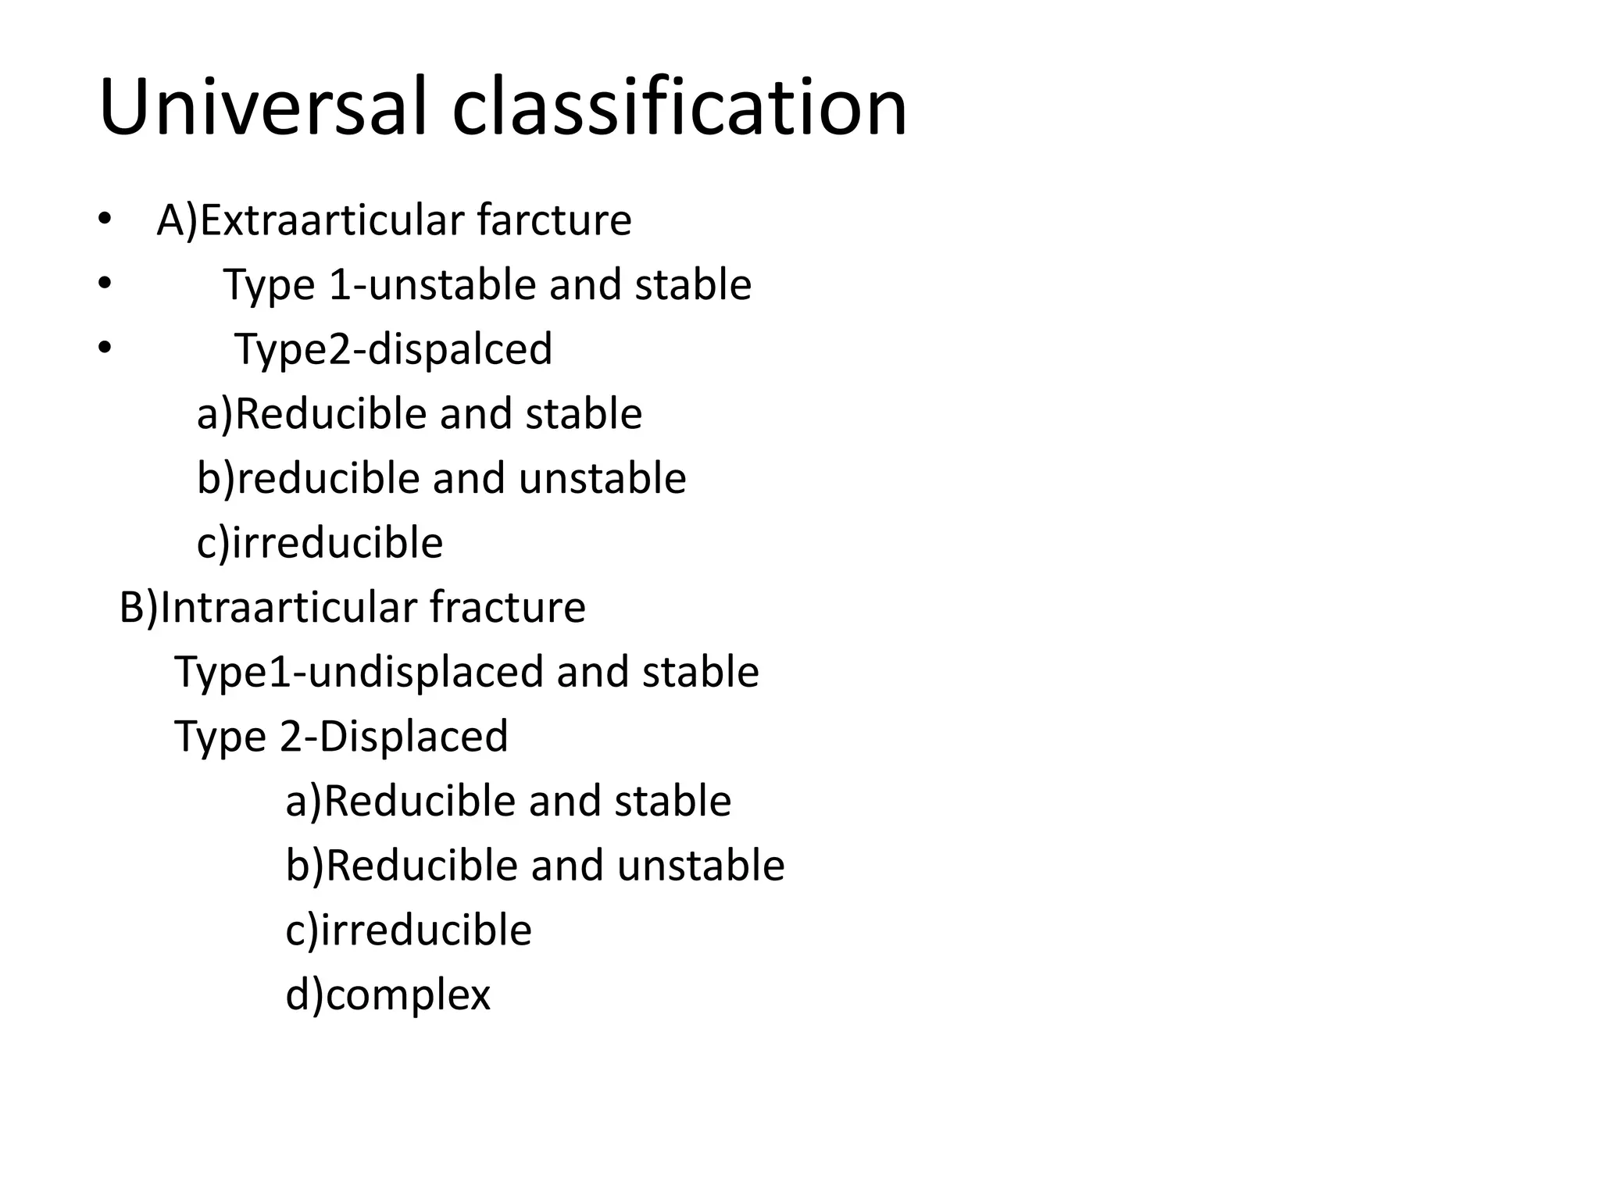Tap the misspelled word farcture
(x=554, y=220)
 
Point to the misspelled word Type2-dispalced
(x=393, y=348)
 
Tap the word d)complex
(x=387, y=995)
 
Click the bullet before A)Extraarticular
(x=105, y=220)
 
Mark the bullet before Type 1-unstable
(x=105, y=284)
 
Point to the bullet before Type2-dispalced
(x=105, y=348)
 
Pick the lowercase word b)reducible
(x=308, y=477)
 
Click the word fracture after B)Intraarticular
(x=507, y=607)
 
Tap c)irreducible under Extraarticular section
(x=320, y=542)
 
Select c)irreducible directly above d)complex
(x=409, y=930)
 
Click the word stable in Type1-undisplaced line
(x=700, y=671)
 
